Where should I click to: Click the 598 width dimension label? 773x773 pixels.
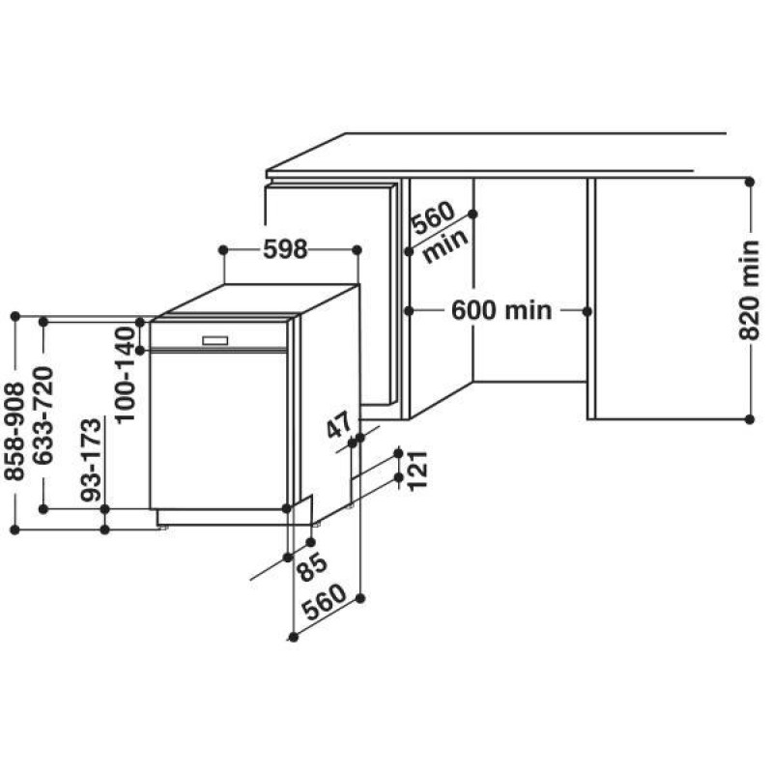285,249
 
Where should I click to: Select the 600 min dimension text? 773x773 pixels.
501,310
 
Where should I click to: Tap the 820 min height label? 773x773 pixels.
749,291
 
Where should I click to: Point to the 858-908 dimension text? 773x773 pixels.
14,432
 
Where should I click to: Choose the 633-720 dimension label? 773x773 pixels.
43,415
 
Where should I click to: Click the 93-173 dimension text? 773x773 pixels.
91,460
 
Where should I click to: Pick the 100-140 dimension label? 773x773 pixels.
125,375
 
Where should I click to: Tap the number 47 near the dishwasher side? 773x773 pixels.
340,424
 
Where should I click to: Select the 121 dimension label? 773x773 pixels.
417,471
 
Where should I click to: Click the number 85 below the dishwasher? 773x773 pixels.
312,567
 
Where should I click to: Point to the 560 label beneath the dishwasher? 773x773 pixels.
325,602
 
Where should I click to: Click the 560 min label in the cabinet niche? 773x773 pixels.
439,231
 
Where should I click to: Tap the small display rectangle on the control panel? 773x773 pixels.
215,340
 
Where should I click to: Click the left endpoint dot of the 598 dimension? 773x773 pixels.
223,250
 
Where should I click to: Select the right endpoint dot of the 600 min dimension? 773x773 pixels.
587,311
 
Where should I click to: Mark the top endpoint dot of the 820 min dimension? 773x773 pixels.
750,182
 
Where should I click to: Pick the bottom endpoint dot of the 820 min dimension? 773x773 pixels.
750,419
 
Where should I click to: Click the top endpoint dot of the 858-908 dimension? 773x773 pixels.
14,316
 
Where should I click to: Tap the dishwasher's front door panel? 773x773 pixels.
218,430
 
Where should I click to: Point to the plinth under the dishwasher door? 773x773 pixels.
235,517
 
